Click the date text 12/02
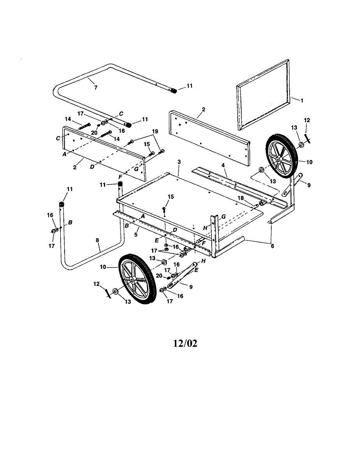click(x=185, y=344)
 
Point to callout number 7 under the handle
click(x=95, y=88)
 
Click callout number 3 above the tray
click(x=179, y=162)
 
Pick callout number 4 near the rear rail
click(x=223, y=165)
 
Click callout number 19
click(x=155, y=132)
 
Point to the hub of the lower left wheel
click(x=133, y=280)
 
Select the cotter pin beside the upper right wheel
click(x=307, y=137)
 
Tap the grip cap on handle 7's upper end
click(x=173, y=91)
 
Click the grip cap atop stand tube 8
click(x=61, y=204)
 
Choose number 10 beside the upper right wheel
click(x=309, y=162)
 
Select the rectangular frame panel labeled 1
click(x=264, y=94)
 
